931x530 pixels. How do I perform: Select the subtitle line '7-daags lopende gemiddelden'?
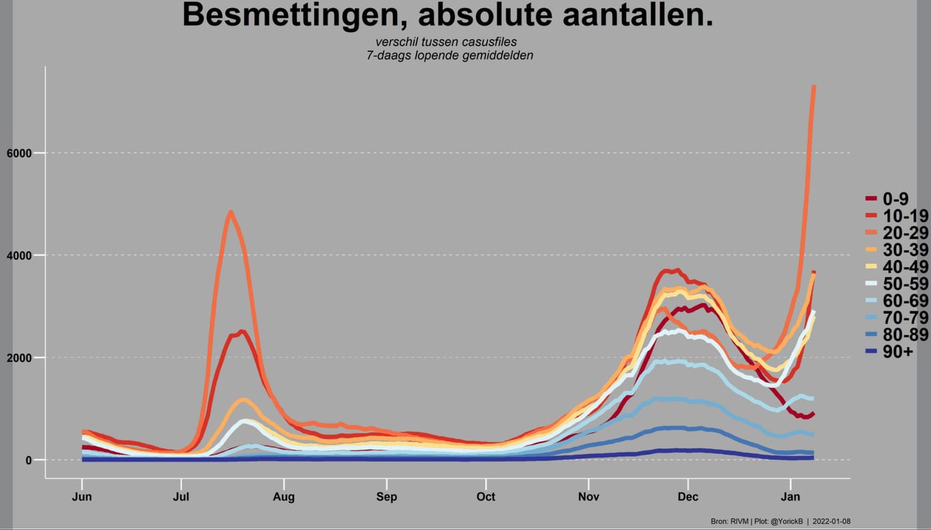[450, 55]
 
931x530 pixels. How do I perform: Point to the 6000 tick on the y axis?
[19, 154]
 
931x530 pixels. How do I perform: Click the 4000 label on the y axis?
[19, 255]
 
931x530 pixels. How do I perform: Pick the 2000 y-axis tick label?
[19, 358]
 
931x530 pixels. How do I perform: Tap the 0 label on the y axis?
[29, 460]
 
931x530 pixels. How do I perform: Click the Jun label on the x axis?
[82, 497]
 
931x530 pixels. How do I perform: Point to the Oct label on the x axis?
[486, 497]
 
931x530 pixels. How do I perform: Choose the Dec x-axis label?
[688, 497]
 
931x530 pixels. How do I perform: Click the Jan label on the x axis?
[790, 497]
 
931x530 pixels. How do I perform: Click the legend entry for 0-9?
[887, 199]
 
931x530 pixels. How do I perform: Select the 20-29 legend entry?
[897, 233]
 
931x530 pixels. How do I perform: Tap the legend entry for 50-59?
[897, 284]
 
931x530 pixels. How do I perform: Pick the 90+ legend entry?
[890, 352]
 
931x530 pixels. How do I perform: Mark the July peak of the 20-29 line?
[231, 212]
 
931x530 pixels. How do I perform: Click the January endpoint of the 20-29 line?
[814, 86]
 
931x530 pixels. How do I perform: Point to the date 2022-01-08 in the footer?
[831, 521]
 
